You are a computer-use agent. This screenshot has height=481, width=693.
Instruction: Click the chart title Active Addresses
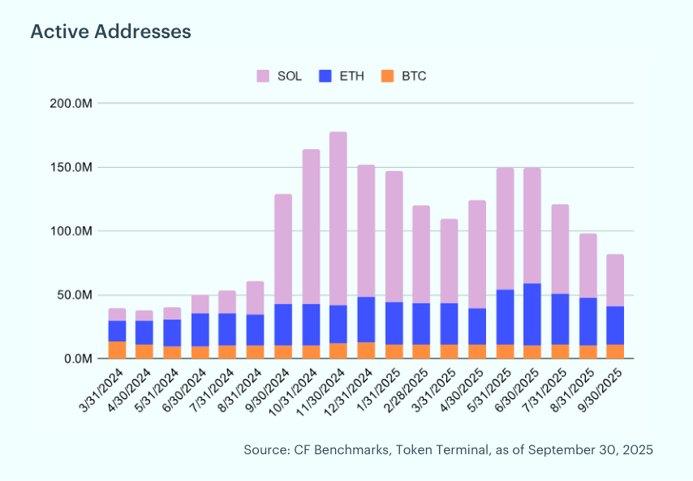pyautogui.click(x=110, y=32)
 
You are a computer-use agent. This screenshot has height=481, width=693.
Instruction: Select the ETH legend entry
pyautogui.click(x=342, y=76)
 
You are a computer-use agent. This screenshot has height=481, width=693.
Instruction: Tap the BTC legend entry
pyautogui.click(x=403, y=76)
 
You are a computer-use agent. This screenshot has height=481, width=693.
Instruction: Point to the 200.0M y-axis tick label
pyautogui.click(x=72, y=104)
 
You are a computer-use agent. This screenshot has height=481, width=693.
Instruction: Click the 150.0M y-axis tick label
pyautogui.click(x=72, y=167)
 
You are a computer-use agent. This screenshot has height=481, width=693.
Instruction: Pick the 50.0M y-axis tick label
pyautogui.click(x=75, y=295)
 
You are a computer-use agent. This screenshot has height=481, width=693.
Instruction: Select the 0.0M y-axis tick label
pyautogui.click(x=78, y=359)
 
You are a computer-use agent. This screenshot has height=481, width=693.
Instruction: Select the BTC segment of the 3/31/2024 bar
pyautogui.click(x=117, y=350)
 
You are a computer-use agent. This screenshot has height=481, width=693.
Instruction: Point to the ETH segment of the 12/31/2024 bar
pyautogui.click(x=366, y=320)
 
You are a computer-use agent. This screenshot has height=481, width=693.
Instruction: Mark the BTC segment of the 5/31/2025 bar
pyautogui.click(x=505, y=351)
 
